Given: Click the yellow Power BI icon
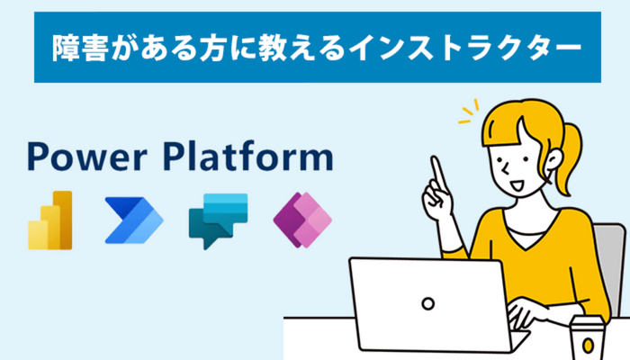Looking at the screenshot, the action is point(50,220).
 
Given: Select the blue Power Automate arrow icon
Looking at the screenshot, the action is point(134,220).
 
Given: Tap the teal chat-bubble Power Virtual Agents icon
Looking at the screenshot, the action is point(218,221).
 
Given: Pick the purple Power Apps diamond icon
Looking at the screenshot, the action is point(302,220).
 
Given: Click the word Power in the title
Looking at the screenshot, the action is point(86,157).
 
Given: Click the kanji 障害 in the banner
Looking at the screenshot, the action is point(80,48).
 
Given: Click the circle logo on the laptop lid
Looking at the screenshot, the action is point(427,303).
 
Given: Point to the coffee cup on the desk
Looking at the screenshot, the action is point(588,337).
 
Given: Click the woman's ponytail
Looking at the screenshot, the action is point(570,157).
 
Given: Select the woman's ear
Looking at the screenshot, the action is point(553,160).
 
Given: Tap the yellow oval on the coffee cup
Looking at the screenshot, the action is point(588,345).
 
